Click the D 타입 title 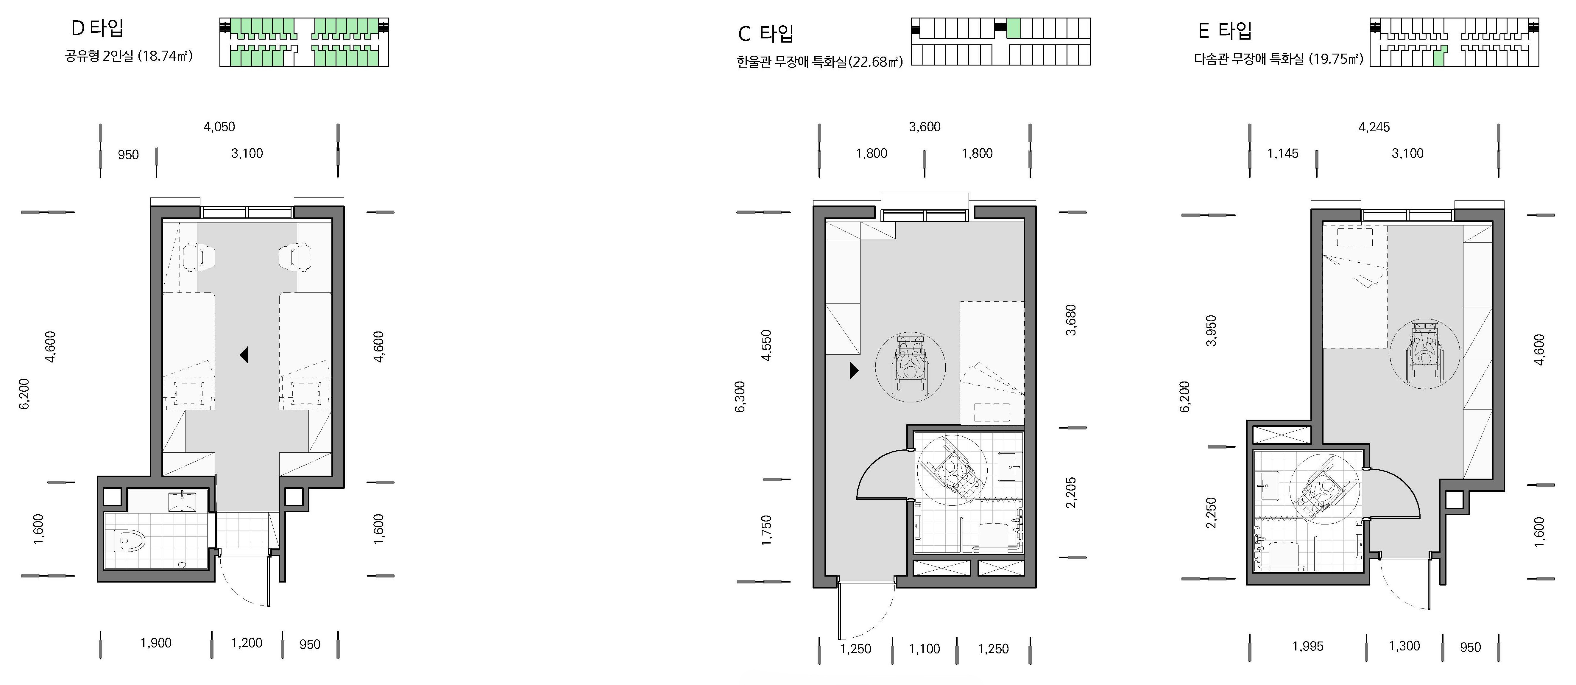[98, 28]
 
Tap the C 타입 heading [766, 33]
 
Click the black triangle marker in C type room [854, 370]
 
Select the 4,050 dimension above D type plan [219, 127]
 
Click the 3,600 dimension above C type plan [925, 127]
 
